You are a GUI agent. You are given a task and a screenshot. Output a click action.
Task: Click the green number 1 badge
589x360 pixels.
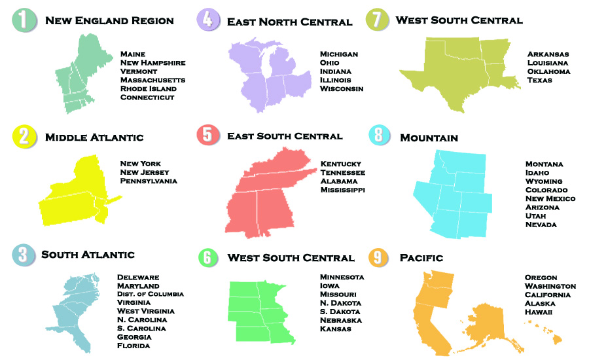(24, 20)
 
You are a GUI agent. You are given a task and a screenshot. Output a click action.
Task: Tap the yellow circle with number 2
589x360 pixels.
(24, 137)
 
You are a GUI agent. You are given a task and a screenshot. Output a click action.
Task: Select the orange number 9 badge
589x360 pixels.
(379, 257)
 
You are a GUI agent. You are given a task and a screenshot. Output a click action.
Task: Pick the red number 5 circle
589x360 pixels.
(207, 135)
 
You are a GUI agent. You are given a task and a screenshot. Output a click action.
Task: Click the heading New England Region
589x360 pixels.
(109, 21)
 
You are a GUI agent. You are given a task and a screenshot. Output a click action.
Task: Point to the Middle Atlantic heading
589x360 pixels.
(94, 137)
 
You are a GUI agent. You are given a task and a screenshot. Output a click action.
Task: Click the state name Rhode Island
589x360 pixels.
(149, 89)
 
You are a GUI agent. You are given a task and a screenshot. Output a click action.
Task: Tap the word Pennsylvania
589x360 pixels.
(149, 181)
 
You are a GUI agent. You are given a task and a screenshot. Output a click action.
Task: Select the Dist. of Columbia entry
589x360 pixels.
(151, 294)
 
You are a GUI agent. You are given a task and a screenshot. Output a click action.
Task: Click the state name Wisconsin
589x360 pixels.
(342, 89)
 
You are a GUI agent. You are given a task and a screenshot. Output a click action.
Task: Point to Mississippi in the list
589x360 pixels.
(343, 190)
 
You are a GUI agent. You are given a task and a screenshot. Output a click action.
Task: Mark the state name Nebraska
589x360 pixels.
(341, 320)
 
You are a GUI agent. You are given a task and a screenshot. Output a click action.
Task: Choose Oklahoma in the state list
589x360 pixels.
(548, 71)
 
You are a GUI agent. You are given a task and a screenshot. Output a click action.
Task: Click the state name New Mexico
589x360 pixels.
(550, 198)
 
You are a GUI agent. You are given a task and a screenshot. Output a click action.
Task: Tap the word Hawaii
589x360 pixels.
(539, 312)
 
